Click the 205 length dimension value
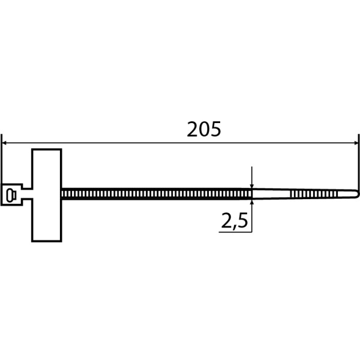[x=204, y=129]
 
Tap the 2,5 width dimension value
[x=235, y=221]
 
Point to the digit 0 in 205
[x=204, y=129]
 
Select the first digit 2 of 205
[x=193, y=129]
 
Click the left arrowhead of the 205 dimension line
[x=4, y=143]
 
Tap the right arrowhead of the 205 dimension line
[x=356, y=143]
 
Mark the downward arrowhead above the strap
[x=252, y=186]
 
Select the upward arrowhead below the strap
[x=252, y=202]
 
